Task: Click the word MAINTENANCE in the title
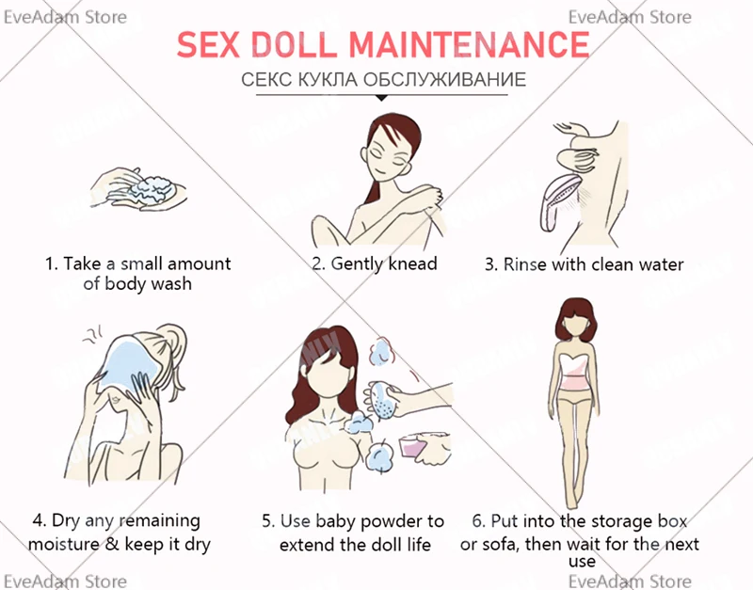[x=469, y=44]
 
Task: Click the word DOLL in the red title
[x=293, y=44]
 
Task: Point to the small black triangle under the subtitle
[x=381, y=98]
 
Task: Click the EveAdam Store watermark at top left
[x=65, y=17]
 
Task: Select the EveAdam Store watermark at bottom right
[x=630, y=581]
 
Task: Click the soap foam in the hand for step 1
[x=152, y=189]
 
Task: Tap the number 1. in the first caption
[x=52, y=263]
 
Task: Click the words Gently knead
[x=375, y=264]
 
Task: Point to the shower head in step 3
[x=559, y=201]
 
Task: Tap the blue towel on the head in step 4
[x=127, y=361]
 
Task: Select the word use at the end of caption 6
[x=582, y=562]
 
